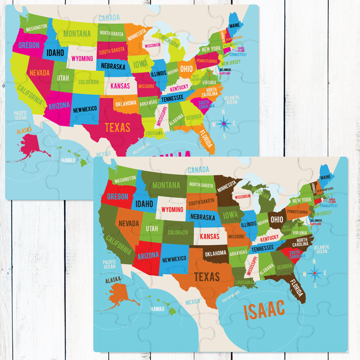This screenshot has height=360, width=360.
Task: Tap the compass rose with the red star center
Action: (x=315, y=273)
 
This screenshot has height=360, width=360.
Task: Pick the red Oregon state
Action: (x=115, y=196)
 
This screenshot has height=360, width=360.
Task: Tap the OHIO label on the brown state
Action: (x=277, y=219)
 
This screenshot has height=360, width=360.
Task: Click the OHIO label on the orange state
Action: (x=186, y=69)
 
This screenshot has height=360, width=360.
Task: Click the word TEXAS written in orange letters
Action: (x=117, y=127)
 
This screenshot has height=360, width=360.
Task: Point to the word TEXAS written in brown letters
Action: (x=207, y=277)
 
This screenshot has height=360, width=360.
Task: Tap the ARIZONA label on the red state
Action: (x=148, y=256)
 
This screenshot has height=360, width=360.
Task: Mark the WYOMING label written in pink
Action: (x=82, y=58)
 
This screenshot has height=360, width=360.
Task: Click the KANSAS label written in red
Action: (x=210, y=236)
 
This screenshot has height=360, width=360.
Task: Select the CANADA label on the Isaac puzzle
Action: (x=198, y=170)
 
